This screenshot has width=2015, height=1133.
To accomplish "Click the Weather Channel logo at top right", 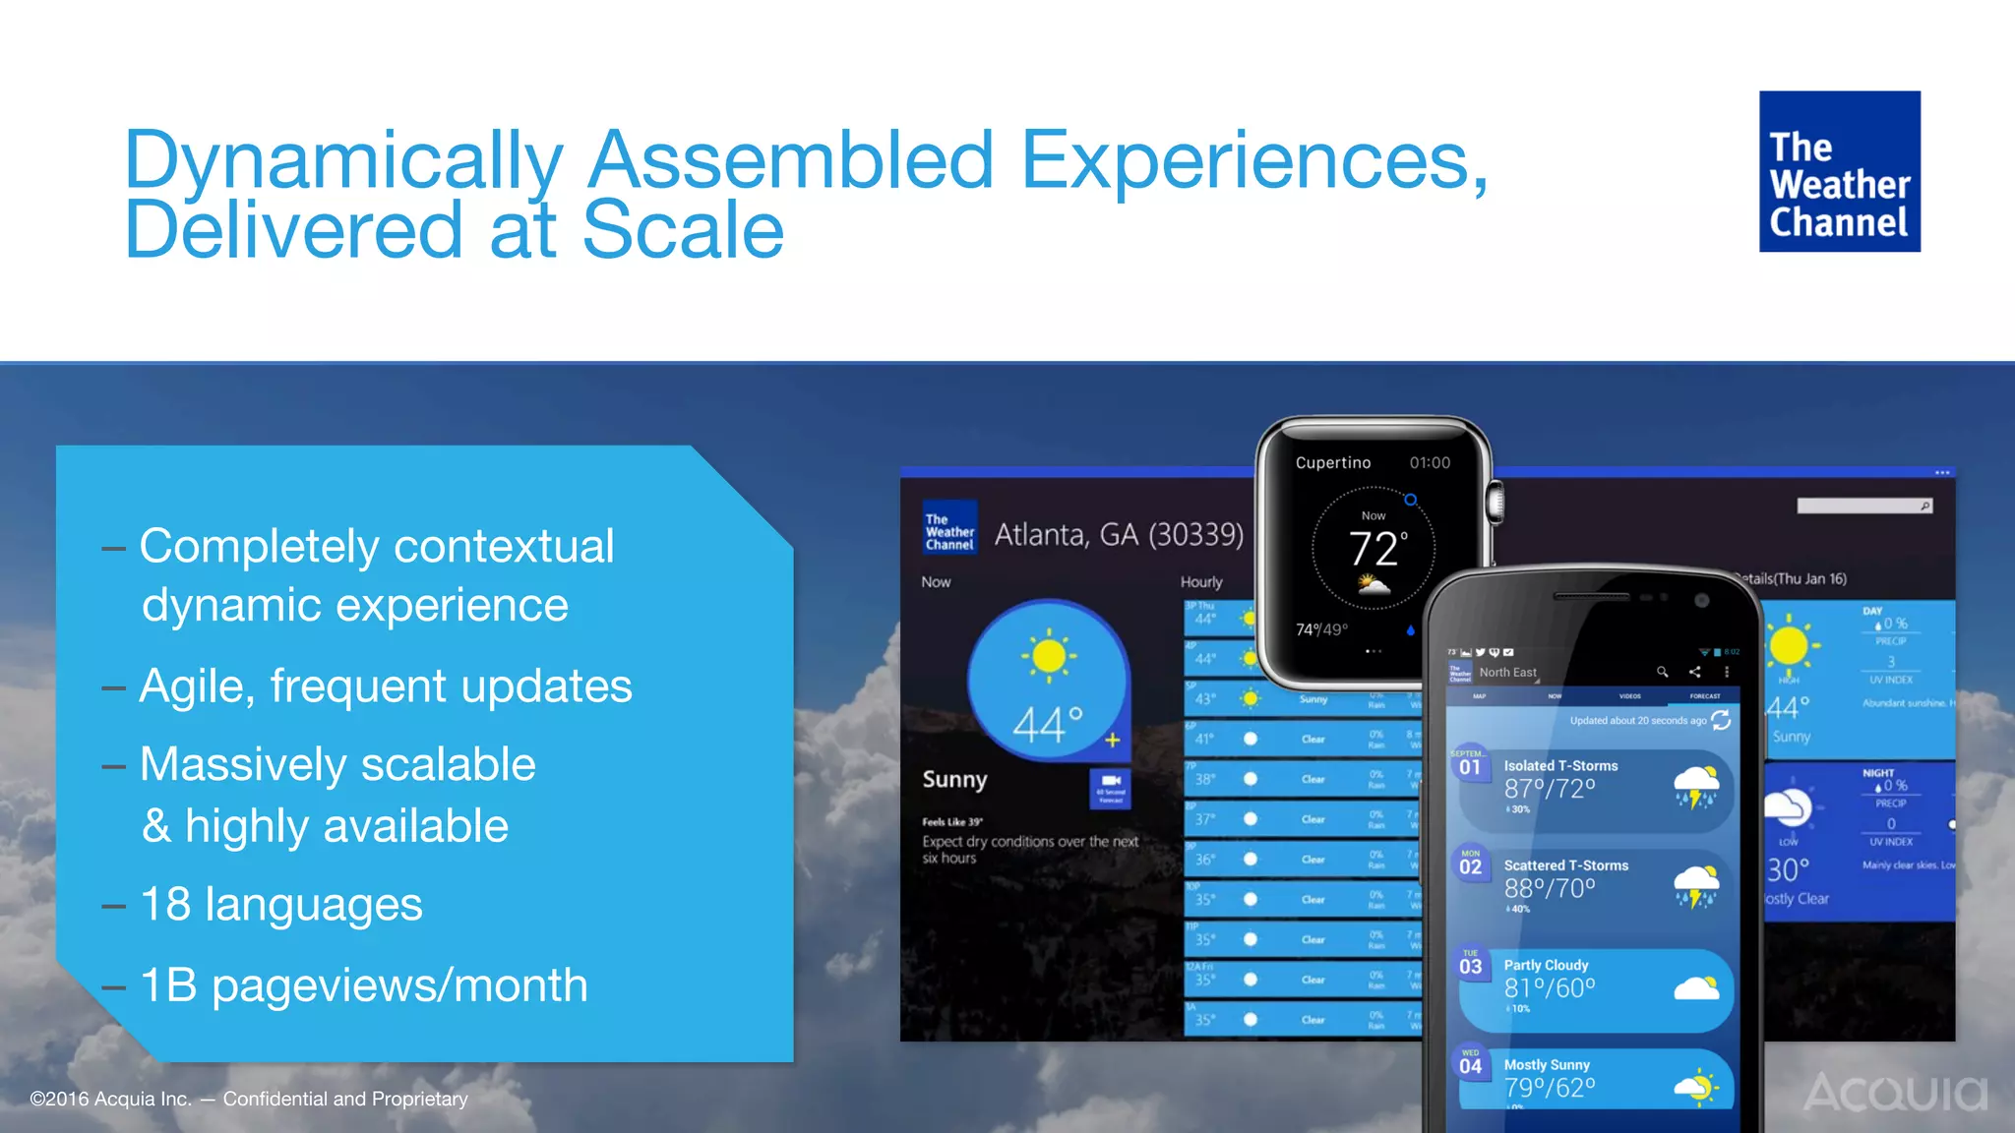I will pos(1839,171).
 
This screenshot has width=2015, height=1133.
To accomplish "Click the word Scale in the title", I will pos(683,230).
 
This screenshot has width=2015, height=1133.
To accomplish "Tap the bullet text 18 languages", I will pos(281,904).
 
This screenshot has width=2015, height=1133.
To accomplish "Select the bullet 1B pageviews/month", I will pos(364,984).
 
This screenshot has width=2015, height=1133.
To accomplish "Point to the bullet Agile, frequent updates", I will pos(385,686).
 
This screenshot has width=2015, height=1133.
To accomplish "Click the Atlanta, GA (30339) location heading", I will pos(1118,534).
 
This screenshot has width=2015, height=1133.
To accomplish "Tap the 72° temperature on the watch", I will pos(1376,548).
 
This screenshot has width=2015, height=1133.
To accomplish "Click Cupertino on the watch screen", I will pos(1332,462).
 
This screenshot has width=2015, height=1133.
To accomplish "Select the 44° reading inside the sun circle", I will pos(1048,724).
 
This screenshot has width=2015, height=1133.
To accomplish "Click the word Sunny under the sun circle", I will pos(954,779).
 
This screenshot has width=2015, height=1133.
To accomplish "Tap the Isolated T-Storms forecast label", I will pos(1560,765).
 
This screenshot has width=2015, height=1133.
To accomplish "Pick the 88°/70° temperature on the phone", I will pos(1549,888).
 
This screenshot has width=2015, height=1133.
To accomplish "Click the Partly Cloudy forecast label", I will pos(1546,965).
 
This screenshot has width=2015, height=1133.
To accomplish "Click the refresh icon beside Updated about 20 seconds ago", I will pos(1721,720).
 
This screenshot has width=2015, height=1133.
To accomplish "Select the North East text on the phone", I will pos(1507,672).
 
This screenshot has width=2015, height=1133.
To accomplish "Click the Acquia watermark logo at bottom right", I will pos(1895,1092).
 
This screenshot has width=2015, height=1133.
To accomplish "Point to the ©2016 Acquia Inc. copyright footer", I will pos(249,1099).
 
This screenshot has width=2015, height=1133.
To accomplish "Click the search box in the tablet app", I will pos(1862,506).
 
